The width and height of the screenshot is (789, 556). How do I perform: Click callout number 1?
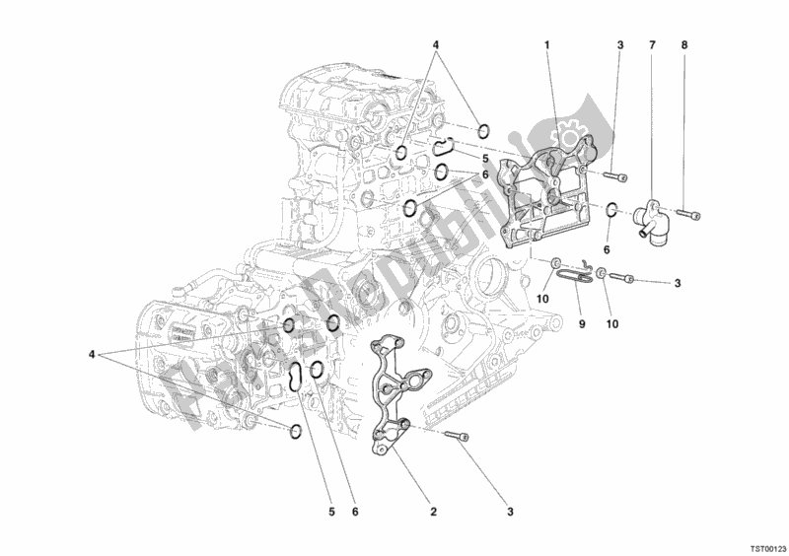tap(547, 45)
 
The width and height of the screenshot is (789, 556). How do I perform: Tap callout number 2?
tap(432, 511)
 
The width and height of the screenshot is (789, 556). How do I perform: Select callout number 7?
tap(652, 45)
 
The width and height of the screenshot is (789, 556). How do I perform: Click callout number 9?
tap(581, 322)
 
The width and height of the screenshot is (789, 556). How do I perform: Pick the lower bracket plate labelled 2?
tap(394, 394)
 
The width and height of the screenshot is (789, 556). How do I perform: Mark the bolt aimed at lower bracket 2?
tap(460, 438)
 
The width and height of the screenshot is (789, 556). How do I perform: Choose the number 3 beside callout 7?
tap(620, 45)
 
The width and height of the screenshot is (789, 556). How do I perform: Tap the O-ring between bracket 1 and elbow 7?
tap(611, 209)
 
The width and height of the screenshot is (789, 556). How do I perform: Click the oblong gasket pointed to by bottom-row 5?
tap(296, 376)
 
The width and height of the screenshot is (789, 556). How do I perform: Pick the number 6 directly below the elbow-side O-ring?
tap(608, 251)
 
